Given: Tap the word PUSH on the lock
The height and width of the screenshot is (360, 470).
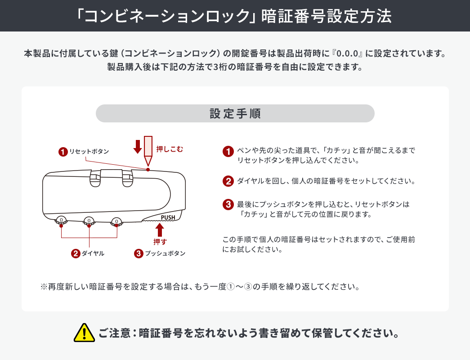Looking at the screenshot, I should point(167,217).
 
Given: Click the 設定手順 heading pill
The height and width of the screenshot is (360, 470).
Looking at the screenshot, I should point(235,113).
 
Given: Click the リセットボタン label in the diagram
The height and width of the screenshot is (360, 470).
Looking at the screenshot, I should point(89,152).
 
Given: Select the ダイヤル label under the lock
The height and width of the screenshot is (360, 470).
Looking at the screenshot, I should point(93,253).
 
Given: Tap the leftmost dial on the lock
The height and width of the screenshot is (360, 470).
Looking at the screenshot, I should point(61,220).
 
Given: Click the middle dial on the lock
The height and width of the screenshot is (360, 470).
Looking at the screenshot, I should point(89,220).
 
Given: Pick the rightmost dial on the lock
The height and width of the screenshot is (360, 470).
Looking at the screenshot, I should point(116,220).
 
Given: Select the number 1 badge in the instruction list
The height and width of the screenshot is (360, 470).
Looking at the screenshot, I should point(228,152).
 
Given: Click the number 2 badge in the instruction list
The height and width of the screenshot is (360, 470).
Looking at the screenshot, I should point(228,181).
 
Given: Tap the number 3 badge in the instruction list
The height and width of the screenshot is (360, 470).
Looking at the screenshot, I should point(228,204).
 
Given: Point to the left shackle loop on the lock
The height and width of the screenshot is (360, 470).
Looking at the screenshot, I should point(95,178).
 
